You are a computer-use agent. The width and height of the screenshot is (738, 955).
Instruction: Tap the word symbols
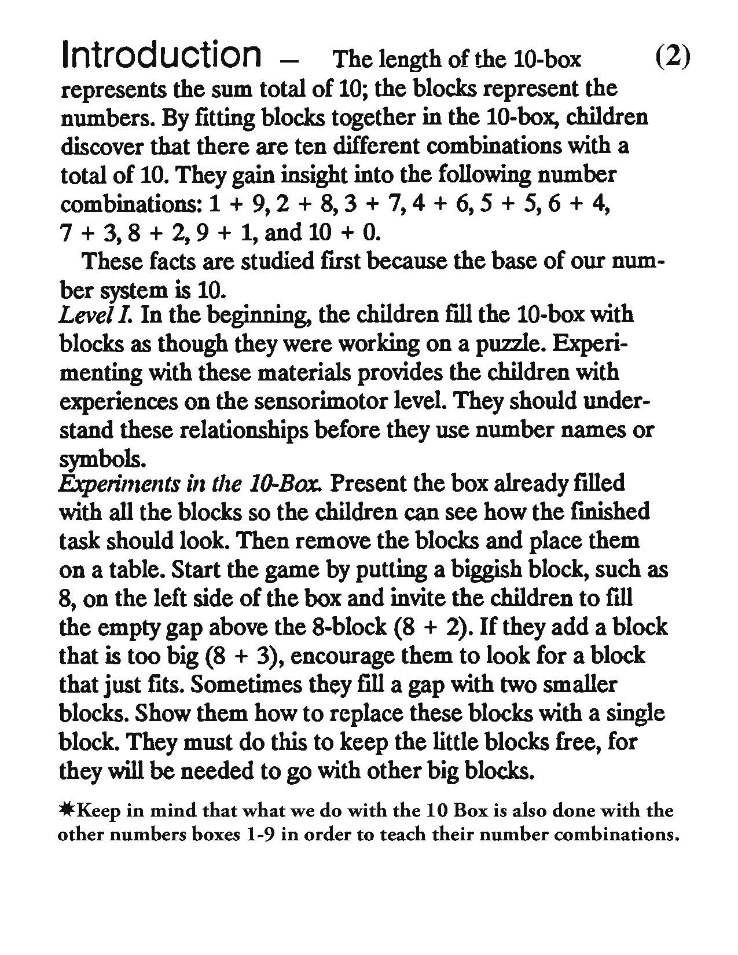100,459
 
